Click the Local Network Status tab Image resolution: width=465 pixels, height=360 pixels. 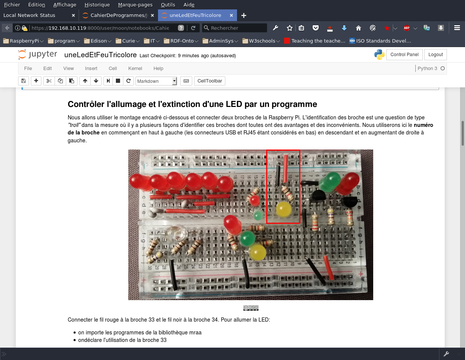pyautogui.click(x=29, y=15)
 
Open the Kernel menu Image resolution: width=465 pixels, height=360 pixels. pyautogui.click(x=135, y=69)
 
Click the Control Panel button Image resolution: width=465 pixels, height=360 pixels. pyautogui.click(x=404, y=55)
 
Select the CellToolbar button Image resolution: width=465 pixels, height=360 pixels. pyautogui.click(x=210, y=81)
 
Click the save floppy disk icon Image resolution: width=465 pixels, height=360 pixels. pyautogui.click(x=23, y=81)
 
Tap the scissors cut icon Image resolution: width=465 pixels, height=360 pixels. pyautogui.click(x=49, y=81)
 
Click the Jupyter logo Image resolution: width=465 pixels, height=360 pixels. pyautogui.click(x=38, y=55)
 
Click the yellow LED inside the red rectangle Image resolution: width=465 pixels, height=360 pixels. pyautogui.click(x=284, y=209)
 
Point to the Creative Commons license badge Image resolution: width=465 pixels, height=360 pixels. pyautogui.click(x=251, y=308)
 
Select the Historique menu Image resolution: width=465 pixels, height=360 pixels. pyautogui.click(x=97, y=5)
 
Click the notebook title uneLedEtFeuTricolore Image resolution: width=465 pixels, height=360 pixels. pyautogui.click(x=100, y=55)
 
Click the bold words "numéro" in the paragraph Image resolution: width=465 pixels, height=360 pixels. pyautogui.click(x=423, y=125)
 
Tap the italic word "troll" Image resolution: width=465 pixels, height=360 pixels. pyautogui.click(x=74, y=125)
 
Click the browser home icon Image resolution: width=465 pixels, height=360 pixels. pyautogui.click(x=358, y=28)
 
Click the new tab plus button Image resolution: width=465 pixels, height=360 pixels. pyautogui.click(x=244, y=15)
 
